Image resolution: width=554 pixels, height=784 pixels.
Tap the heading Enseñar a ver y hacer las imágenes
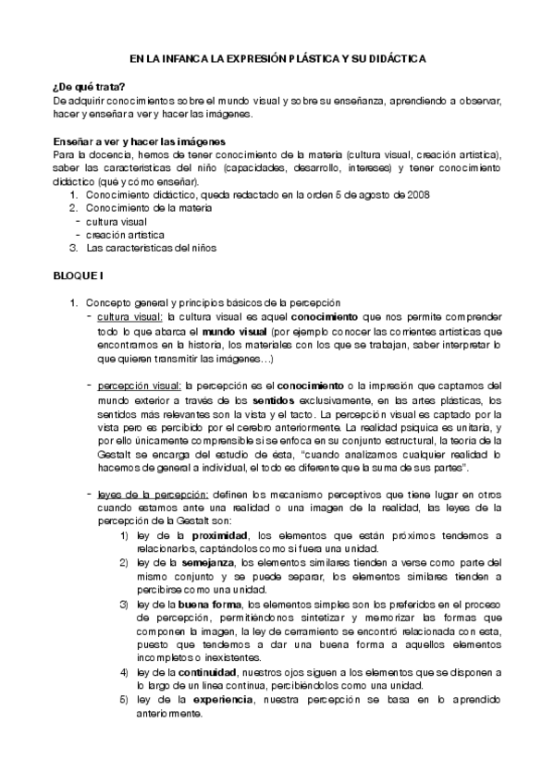point(133,141)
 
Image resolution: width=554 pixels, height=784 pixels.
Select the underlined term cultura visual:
point(129,317)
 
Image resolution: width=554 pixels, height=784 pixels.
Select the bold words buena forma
point(212,604)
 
